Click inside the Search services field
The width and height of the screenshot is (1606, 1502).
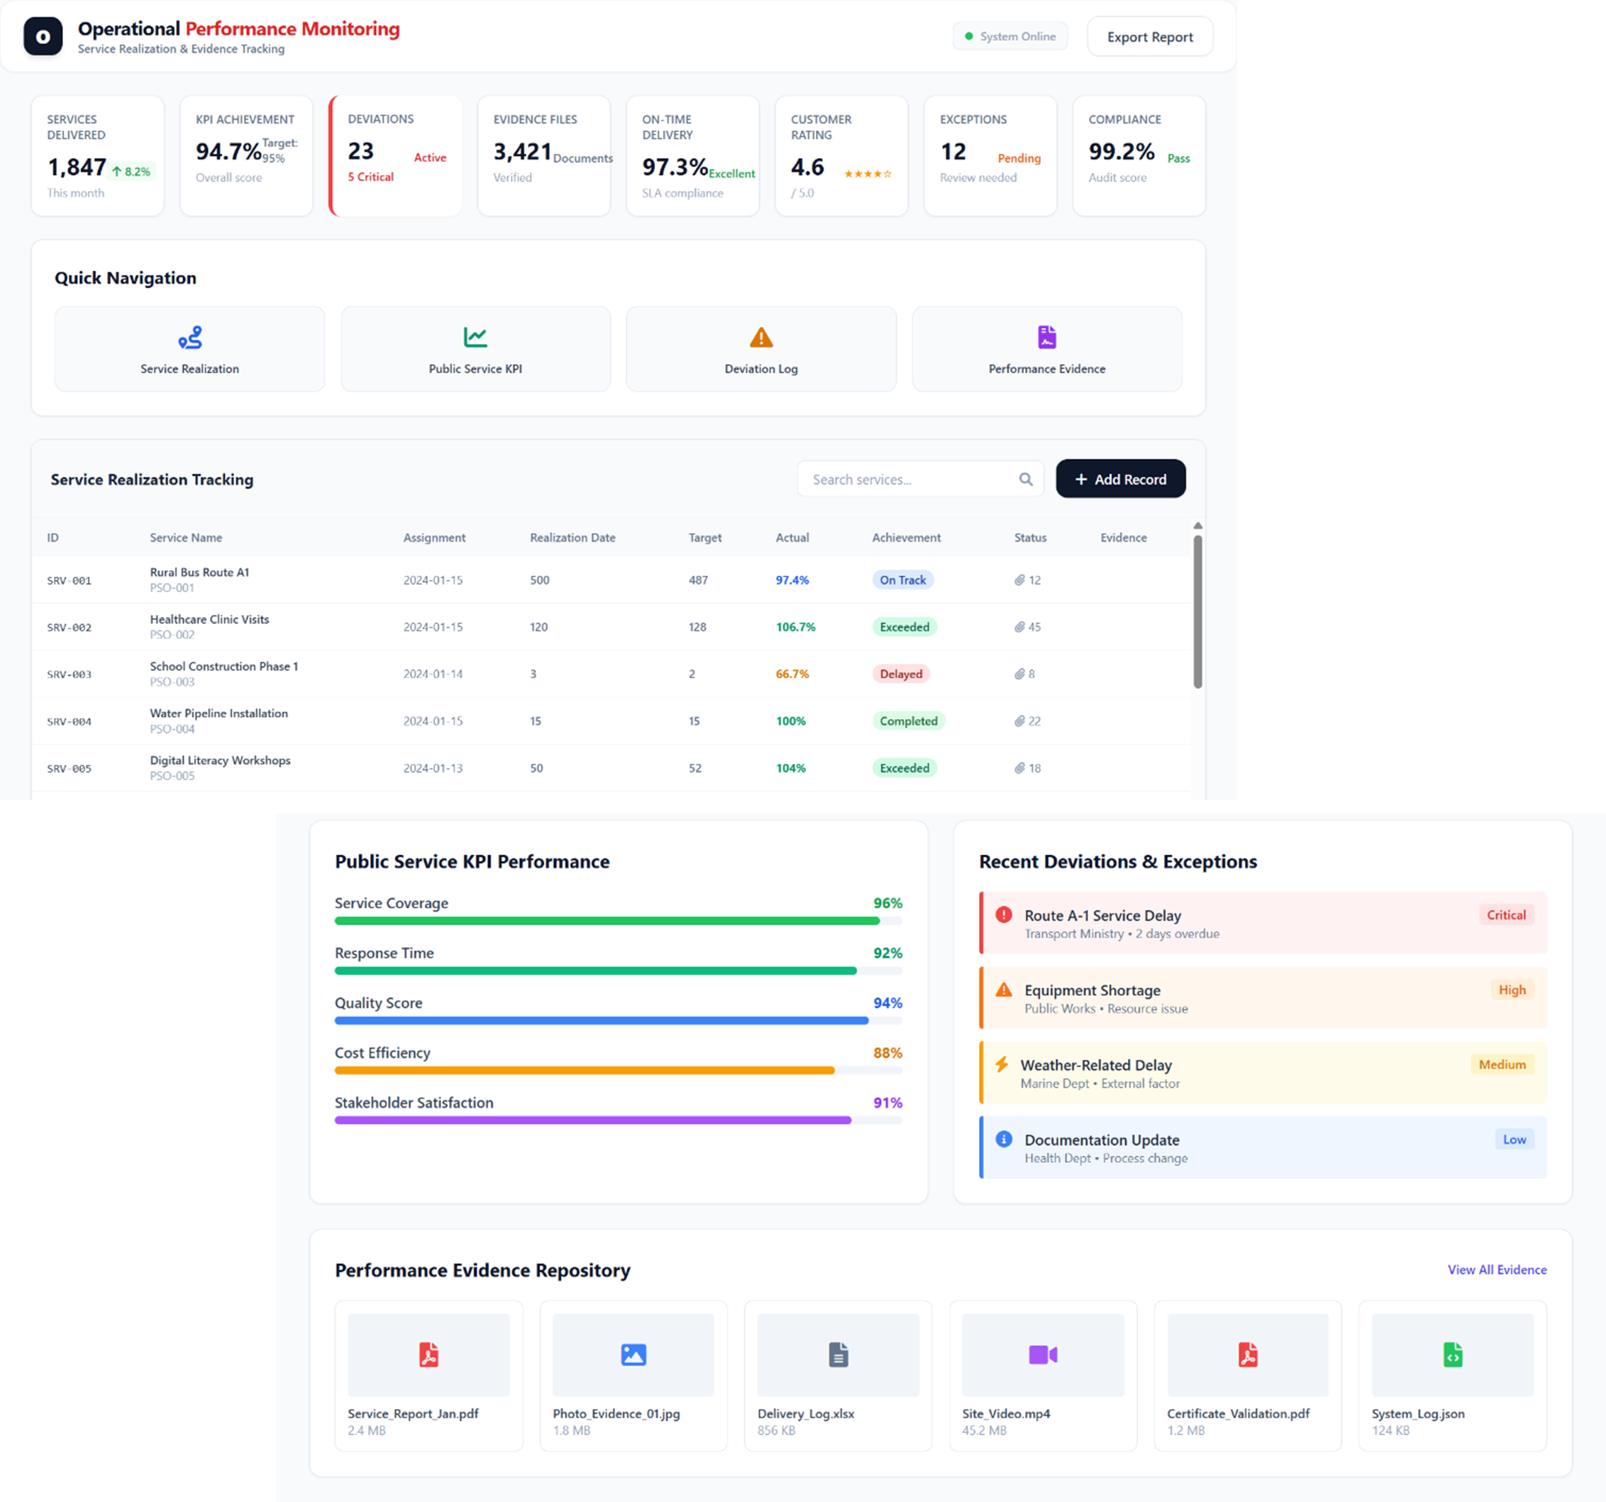tap(909, 479)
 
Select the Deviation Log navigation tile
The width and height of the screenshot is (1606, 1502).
tap(760, 350)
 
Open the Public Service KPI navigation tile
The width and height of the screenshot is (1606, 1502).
tap(475, 350)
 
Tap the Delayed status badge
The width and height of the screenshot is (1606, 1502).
tap(900, 674)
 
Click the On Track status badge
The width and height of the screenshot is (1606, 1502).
tap(902, 580)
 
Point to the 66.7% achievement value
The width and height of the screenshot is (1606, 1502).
tap(792, 674)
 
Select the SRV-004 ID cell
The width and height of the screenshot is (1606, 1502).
tap(70, 722)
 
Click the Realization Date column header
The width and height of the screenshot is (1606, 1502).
tap(572, 538)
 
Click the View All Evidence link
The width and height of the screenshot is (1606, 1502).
tap(1496, 1269)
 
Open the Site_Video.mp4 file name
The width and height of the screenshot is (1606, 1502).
tap(1006, 1413)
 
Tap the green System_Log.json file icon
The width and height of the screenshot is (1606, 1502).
tap(1451, 1354)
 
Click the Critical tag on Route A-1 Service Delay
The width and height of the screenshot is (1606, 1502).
tap(1506, 915)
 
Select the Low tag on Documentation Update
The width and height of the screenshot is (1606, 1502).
tap(1514, 1140)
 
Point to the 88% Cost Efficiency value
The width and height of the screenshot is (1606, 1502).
tap(887, 1053)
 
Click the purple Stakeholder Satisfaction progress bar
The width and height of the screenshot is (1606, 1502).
tap(593, 1120)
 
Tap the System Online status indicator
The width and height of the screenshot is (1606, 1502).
tap(1010, 37)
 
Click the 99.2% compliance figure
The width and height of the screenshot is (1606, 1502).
tap(1121, 152)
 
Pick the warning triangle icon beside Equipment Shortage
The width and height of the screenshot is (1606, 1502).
tap(1003, 990)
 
